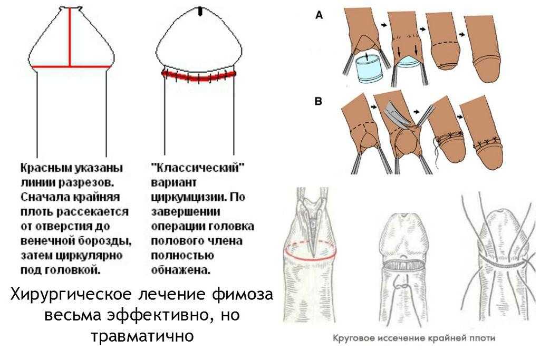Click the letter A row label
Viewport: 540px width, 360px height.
(319, 15)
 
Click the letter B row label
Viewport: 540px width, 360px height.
(319, 102)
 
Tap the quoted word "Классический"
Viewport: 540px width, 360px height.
(198, 168)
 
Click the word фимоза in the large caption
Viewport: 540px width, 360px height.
(242, 295)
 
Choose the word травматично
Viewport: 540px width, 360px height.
(142, 336)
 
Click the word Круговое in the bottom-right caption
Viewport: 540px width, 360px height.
(354, 338)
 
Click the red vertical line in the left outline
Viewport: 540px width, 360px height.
(70, 37)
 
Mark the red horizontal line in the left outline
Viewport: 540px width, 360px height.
(71, 66)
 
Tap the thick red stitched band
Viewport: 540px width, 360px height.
(199, 76)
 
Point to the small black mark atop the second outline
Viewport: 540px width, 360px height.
(200, 12)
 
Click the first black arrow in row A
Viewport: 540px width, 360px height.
(384, 25)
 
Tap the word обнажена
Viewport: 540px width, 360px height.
(180, 270)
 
